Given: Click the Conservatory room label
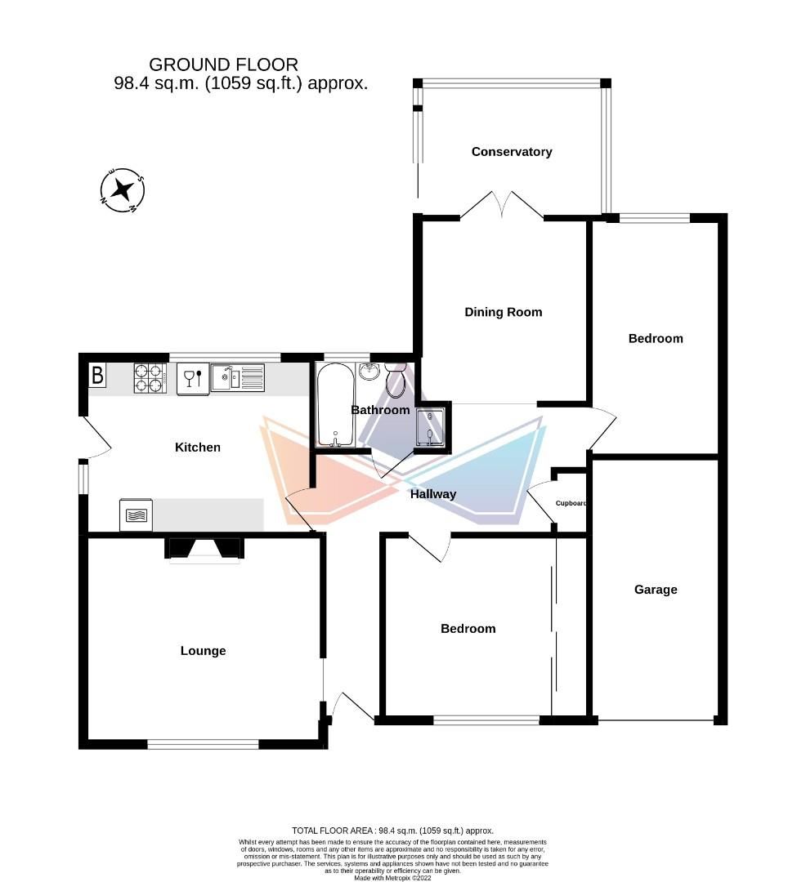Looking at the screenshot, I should [x=512, y=152].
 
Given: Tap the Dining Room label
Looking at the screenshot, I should [x=503, y=312].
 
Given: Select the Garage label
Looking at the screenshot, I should [x=656, y=590].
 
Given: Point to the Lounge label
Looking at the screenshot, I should [x=203, y=651].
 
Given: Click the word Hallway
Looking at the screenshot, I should [x=433, y=494].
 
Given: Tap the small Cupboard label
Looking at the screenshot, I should [x=571, y=504].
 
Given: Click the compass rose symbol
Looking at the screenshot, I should [x=123, y=189].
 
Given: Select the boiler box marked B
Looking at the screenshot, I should [x=97, y=376].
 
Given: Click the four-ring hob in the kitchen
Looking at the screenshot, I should [x=150, y=377].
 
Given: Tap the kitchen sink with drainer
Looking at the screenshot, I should [x=237, y=377].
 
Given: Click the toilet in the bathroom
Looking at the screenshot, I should [x=396, y=380].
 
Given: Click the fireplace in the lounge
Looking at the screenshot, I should [x=204, y=549].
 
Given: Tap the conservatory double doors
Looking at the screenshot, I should [x=502, y=205].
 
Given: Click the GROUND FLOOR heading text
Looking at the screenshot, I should [x=223, y=65].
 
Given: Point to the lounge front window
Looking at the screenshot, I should [x=203, y=743].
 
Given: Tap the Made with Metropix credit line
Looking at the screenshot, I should [x=393, y=877].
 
